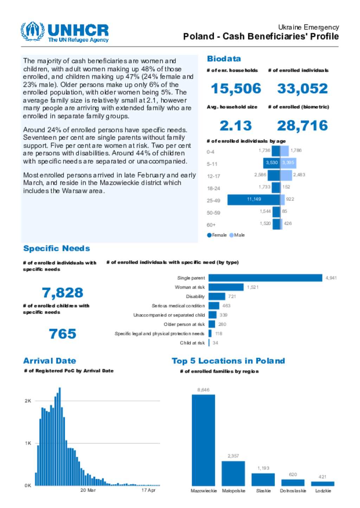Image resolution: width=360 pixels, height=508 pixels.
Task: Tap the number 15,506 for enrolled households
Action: pyautogui.click(x=236, y=89)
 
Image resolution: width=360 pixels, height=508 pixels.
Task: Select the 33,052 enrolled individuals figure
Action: pyautogui.click(x=302, y=89)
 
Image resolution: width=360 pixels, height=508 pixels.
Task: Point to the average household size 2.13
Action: pyautogui.click(x=236, y=126)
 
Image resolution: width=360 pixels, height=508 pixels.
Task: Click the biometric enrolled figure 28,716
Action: pyautogui.click(x=302, y=126)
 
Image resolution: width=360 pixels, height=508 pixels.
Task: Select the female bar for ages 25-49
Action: pyautogui.click(x=253, y=199)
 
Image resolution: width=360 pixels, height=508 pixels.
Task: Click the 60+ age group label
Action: pyautogui.click(x=211, y=225)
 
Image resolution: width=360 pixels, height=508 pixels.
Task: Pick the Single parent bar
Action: pyautogui.click(x=265, y=278)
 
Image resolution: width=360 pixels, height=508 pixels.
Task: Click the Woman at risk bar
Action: pyautogui.click(x=226, y=287)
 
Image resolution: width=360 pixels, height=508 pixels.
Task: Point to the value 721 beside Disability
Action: pyautogui.click(x=232, y=297)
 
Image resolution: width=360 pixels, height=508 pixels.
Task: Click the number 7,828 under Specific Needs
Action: pyautogui.click(x=63, y=293)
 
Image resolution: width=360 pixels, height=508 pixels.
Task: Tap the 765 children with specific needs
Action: pyautogui.click(x=63, y=334)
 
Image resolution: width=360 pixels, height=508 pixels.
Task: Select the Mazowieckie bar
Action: pyautogui.click(x=203, y=440)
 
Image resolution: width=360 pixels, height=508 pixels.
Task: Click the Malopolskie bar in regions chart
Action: pyautogui.click(x=233, y=473)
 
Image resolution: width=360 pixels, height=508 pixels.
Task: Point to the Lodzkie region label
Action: pyautogui.click(x=323, y=491)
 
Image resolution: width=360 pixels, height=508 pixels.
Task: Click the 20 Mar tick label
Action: pyautogui.click(x=88, y=490)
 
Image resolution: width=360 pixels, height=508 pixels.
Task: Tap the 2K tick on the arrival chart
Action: pyautogui.click(x=28, y=401)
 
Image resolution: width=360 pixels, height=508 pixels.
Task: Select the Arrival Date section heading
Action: pyautogui.click(x=50, y=361)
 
